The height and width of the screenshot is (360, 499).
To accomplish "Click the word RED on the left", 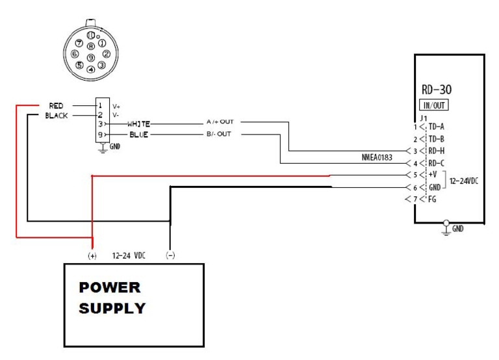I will pyautogui.click(x=56, y=105).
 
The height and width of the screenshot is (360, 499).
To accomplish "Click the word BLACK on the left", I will pyautogui.click(x=57, y=116).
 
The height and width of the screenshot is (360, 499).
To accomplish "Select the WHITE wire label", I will pyautogui.click(x=138, y=123).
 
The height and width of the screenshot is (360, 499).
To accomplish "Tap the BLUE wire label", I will pyautogui.click(x=138, y=135).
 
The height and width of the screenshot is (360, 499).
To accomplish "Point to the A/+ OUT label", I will pyautogui.click(x=220, y=122).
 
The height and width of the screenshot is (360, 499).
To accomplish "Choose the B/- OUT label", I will pyautogui.click(x=220, y=134).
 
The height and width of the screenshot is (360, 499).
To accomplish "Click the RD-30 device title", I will pyautogui.click(x=436, y=90).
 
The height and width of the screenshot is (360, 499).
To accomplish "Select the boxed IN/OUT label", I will pyautogui.click(x=435, y=105).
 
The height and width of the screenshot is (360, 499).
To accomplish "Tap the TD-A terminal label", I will pyautogui.click(x=436, y=127).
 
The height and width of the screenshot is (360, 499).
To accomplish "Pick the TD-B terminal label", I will pyautogui.click(x=436, y=139).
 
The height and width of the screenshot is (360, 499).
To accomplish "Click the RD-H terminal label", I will pyautogui.click(x=436, y=151).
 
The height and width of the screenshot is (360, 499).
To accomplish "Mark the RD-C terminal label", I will pyautogui.click(x=436, y=162).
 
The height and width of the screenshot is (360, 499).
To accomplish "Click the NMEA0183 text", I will pyautogui.click(x=377, y=157).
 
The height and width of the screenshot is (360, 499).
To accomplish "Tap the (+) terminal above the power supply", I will pyautogui.click(x=92, y=255).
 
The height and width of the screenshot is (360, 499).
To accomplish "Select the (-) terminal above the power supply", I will pyautogui.click(x=170, y=255).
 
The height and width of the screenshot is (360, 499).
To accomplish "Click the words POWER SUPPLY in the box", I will pyautogui.click(x=112, y=298).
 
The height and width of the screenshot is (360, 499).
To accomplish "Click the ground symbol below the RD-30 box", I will pyautogui.click(x=446, y=227).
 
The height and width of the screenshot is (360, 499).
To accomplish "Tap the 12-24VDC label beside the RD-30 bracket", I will pyautogui.click(x=464, y=181).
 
